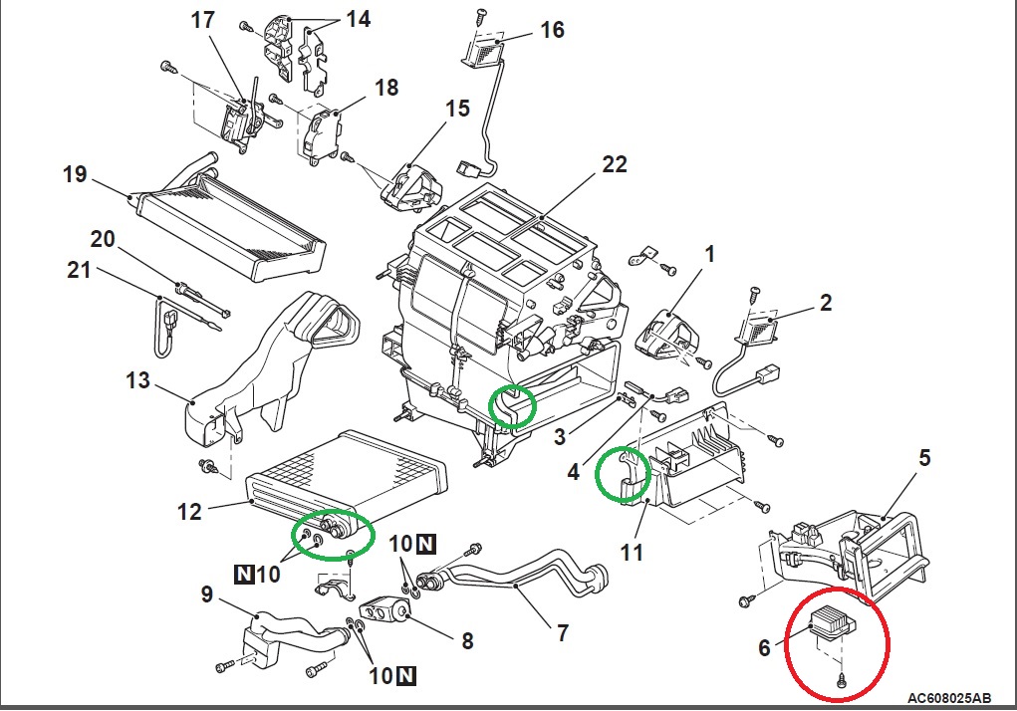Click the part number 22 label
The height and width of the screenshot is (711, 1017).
click(615, 164)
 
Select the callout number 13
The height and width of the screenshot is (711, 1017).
click(138, 381)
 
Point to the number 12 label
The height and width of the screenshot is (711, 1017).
click(188, 512)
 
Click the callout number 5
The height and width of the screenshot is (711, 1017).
click(924, 458)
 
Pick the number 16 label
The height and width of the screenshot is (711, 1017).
click(552, 30)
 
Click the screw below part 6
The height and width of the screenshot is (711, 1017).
click(843, 680)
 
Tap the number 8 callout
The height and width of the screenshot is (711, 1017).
click(467, 641)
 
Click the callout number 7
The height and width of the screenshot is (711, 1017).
click(562, 631)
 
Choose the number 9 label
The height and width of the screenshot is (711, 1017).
click(207, 594)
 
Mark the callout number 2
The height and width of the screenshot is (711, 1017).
click(826, 302)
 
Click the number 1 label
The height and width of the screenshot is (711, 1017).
click(709, 255)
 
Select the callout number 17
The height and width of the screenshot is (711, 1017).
click(203, 19)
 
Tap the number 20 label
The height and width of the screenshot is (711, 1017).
click(103, 239)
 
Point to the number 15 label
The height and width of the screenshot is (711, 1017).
click(456, 108)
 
